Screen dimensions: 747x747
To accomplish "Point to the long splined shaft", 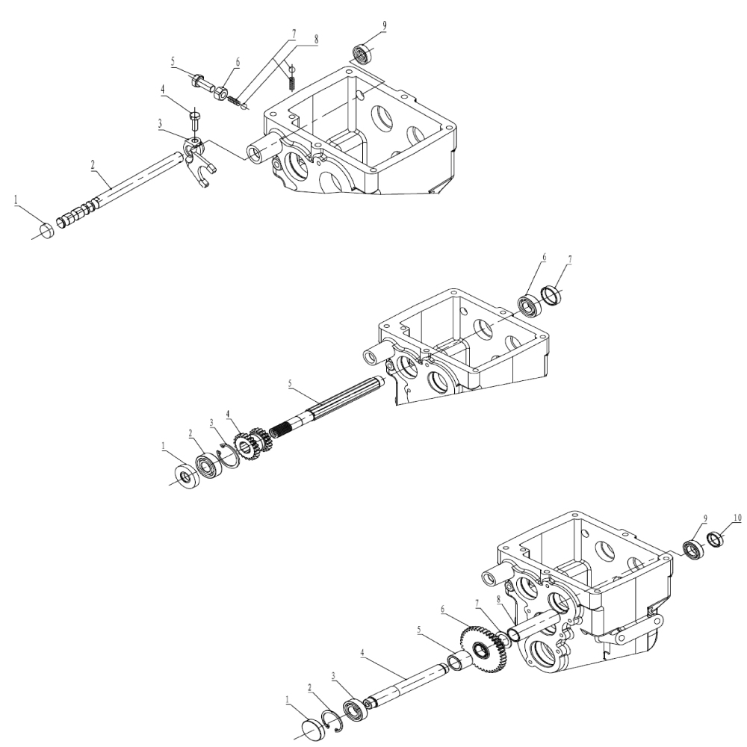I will point(329,415).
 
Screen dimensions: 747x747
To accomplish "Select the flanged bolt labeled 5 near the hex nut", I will point(199,79).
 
